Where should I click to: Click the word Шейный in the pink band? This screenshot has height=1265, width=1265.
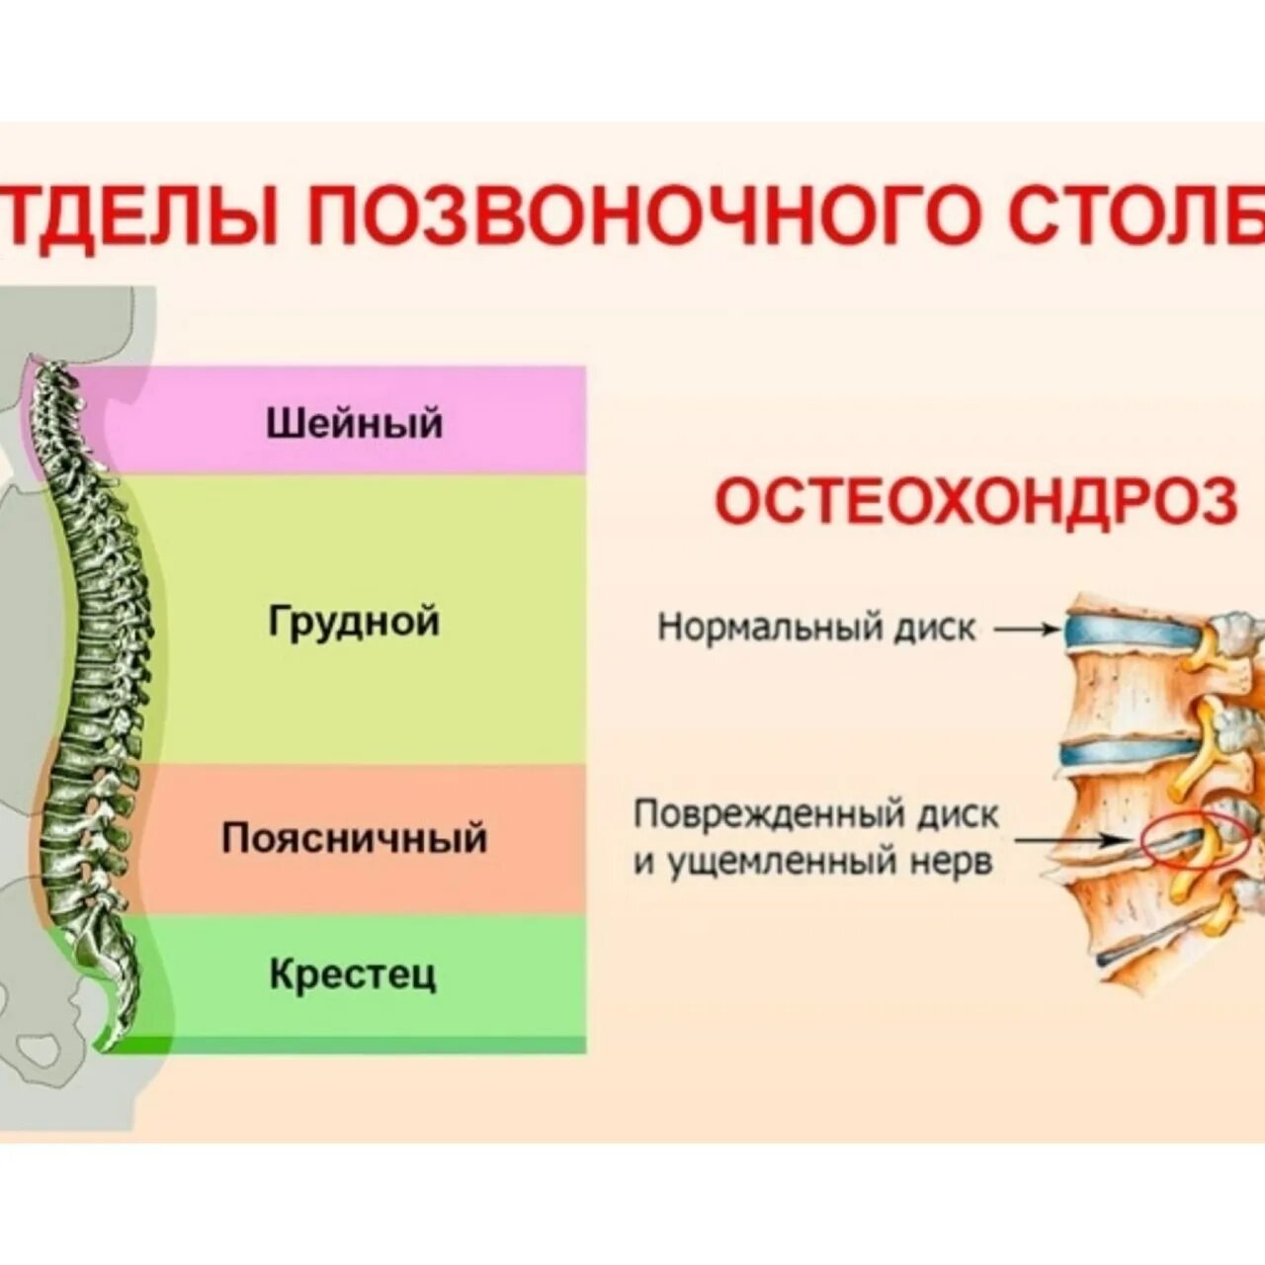354,423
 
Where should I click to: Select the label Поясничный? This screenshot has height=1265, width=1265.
354,838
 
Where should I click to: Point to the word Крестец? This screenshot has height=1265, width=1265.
352,974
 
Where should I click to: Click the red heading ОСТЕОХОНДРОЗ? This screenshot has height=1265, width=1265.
975,503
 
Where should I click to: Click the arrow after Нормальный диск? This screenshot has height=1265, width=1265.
1027,628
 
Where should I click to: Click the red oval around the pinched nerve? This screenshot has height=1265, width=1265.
1192,842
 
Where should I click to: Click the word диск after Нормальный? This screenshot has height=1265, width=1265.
934,627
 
